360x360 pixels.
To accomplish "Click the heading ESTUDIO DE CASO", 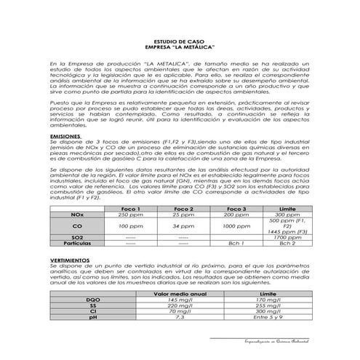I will [180, 43].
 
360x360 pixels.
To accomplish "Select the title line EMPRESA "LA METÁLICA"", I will [180, 48].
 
